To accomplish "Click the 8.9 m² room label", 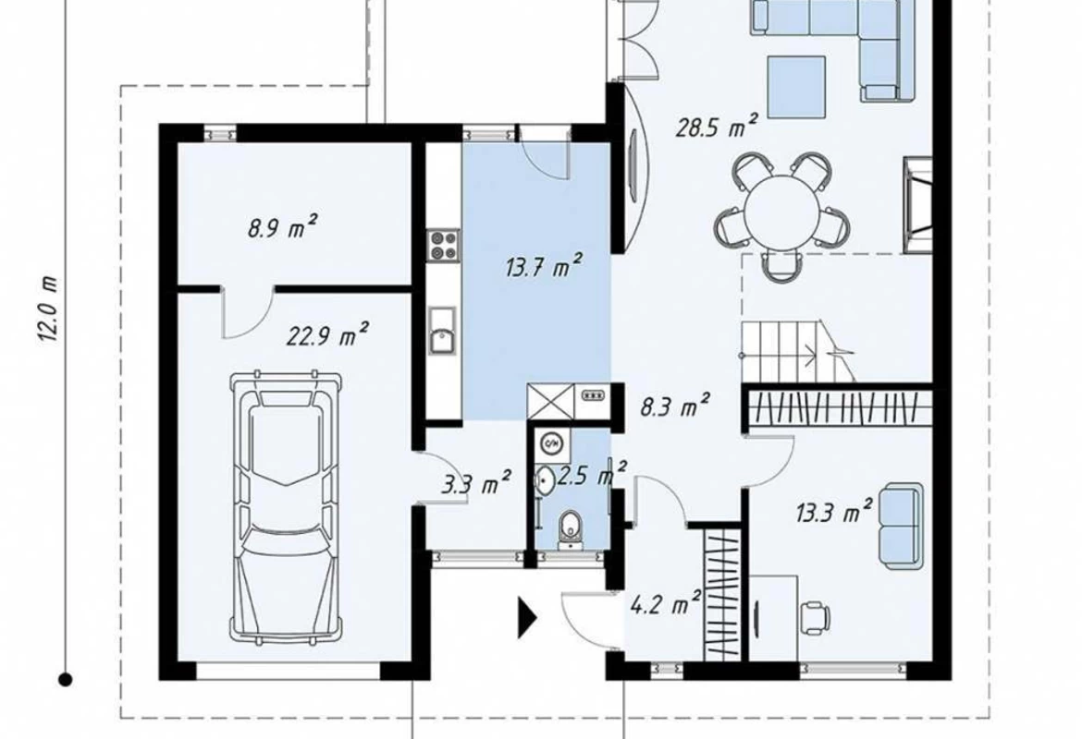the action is coord(283,226).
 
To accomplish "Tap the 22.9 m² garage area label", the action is coord(327,334).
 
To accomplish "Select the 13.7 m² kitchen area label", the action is coord(544,265).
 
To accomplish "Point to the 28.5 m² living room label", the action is coord(717,127).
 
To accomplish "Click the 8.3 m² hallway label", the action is coord(675,406).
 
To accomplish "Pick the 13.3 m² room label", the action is coord(834,512).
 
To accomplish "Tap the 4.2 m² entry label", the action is coord(666,603).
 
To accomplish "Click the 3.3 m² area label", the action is coord(476,482).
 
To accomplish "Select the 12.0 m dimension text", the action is coord(47,309).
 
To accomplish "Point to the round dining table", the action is coord(781,210).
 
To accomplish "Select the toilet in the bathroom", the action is coord(570,529).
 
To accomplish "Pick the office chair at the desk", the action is coord(815,616).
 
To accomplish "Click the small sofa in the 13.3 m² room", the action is coord(901,526).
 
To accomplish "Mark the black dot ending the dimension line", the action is coord(66,680).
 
